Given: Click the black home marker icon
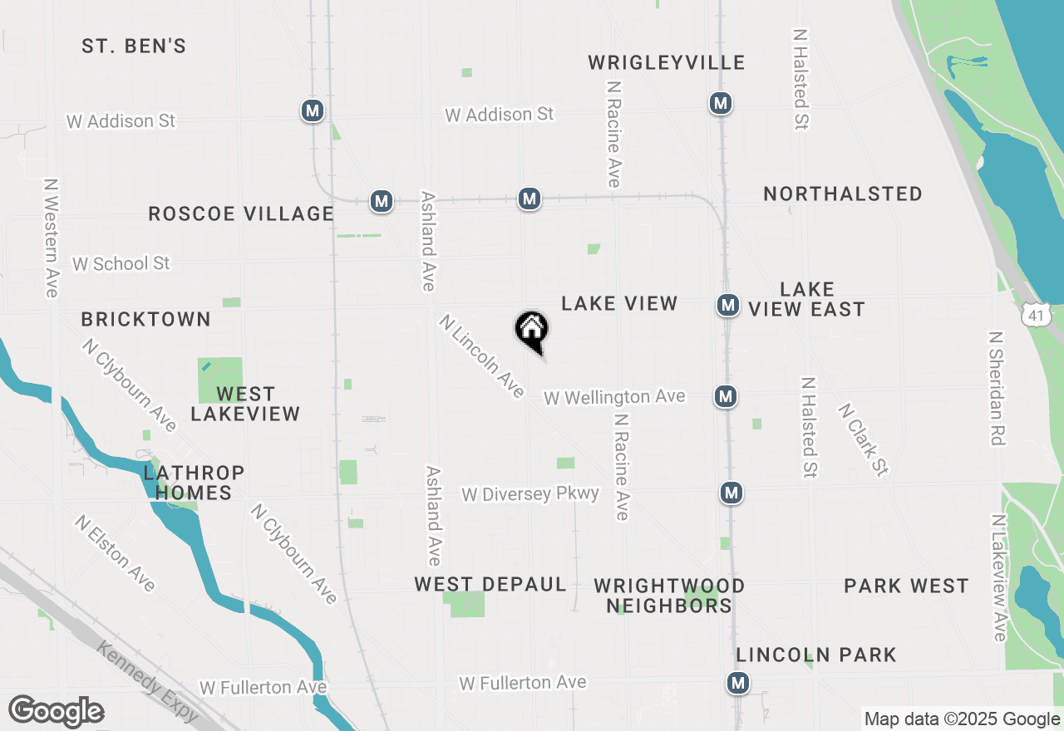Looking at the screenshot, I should point(532,331).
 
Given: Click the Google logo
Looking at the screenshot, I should point(56,711).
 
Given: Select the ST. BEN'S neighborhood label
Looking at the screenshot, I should point(134,47).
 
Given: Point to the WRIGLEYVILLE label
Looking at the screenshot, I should point(667,63).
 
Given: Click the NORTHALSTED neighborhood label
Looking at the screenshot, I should point(843,194).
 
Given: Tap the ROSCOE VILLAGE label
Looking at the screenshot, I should point(241,214).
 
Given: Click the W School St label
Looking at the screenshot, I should point(121,264).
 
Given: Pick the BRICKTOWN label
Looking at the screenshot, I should point(146,320).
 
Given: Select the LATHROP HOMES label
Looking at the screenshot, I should point(194,483).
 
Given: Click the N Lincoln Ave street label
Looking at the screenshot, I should point(482,356).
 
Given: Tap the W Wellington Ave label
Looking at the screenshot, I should point(614,398).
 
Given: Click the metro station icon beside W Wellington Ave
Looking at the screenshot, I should point(726,397).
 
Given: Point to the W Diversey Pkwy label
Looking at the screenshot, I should point(530,494).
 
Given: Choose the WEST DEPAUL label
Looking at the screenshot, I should point(490,585).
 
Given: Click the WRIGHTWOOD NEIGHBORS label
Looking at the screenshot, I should point(669,596).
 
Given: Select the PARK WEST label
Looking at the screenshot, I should point(906,586).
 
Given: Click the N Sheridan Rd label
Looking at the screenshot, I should point(997,389).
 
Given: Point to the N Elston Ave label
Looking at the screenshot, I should point(115,553).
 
